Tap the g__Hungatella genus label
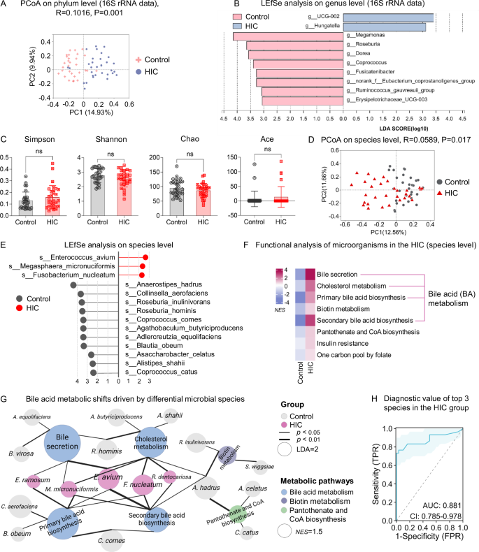click(325, 27)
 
